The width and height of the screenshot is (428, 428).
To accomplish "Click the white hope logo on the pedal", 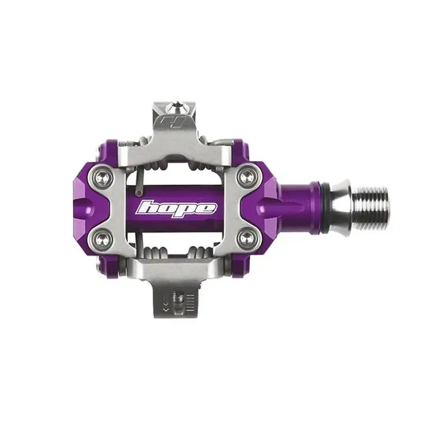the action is tap(177, 208).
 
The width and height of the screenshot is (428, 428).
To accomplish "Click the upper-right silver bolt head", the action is tap(248, 176).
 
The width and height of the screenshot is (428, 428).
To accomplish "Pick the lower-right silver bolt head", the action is tap(248, 238).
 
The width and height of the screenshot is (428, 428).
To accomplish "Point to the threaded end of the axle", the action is tap(371, 208).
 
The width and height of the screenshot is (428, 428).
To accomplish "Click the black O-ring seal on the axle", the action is tap(326, 208).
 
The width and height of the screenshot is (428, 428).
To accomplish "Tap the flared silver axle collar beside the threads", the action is tap(341, 208).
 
